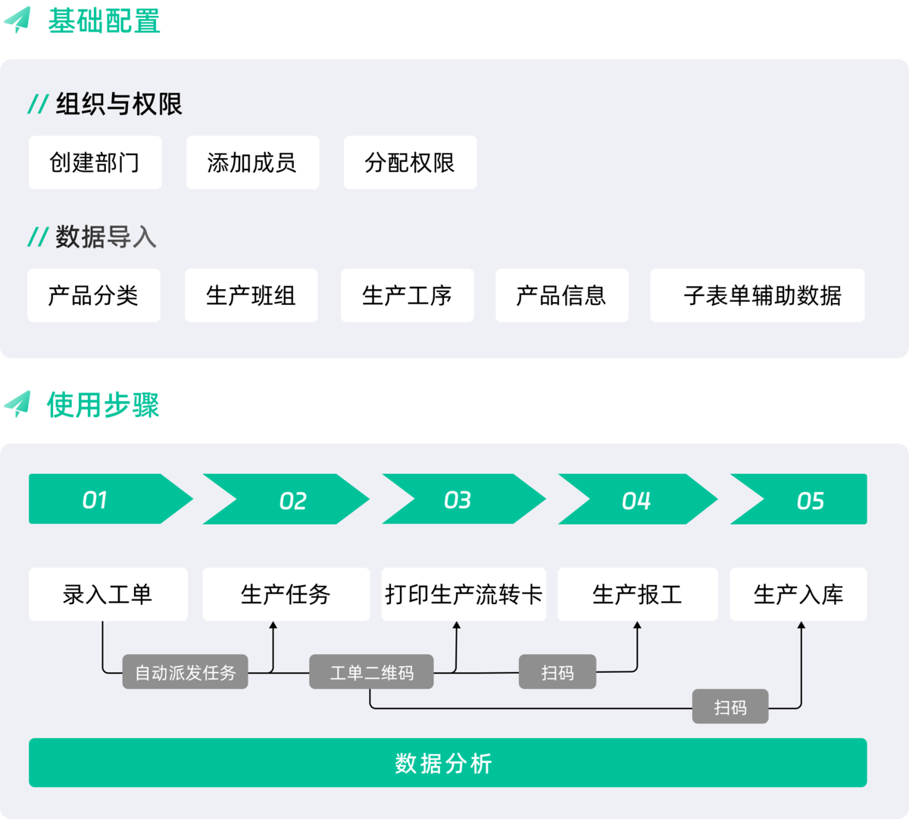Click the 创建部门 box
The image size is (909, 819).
pyautogui.click(x=95, y=163)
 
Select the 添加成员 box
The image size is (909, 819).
pyautogui.click(x=252, y=163)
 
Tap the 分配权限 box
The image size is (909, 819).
pyautogui.click(x=410, y=163)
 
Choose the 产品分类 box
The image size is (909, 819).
pyautogui.click(x=93, y=295)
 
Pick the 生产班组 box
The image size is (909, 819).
pyautogui.click(x=251, y=295)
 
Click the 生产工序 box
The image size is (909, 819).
pyautogui.click(x=407, y=295)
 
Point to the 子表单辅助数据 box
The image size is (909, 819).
pyautogui.click(x=757, y=295)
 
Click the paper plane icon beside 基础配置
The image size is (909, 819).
pyautogui.click(x=17, y=20)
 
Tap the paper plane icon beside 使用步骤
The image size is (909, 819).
pyautogui.click(x=17, y=403)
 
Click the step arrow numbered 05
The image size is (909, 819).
pyautogui.click(x=803, y=500)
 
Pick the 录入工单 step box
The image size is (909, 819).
pyautogui.click(x=108, y=594)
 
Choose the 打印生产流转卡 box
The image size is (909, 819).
pyautogui.click(x=464, y=594)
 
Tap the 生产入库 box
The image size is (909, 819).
pyautogui.click(x=798, y=594)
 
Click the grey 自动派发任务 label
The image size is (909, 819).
pyautogui.click(x=185, y=672)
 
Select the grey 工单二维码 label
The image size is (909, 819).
pyautogui.click(x=371, y=672)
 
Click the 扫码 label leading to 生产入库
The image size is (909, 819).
pyautogui.click(x=730, y=707)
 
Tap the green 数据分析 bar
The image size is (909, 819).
pyautogui.click(x=447, y=763)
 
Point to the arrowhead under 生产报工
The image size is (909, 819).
pyautogui.click(x=637, y=626)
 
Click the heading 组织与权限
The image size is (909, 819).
pyautogui.click(x=118, y=104)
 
